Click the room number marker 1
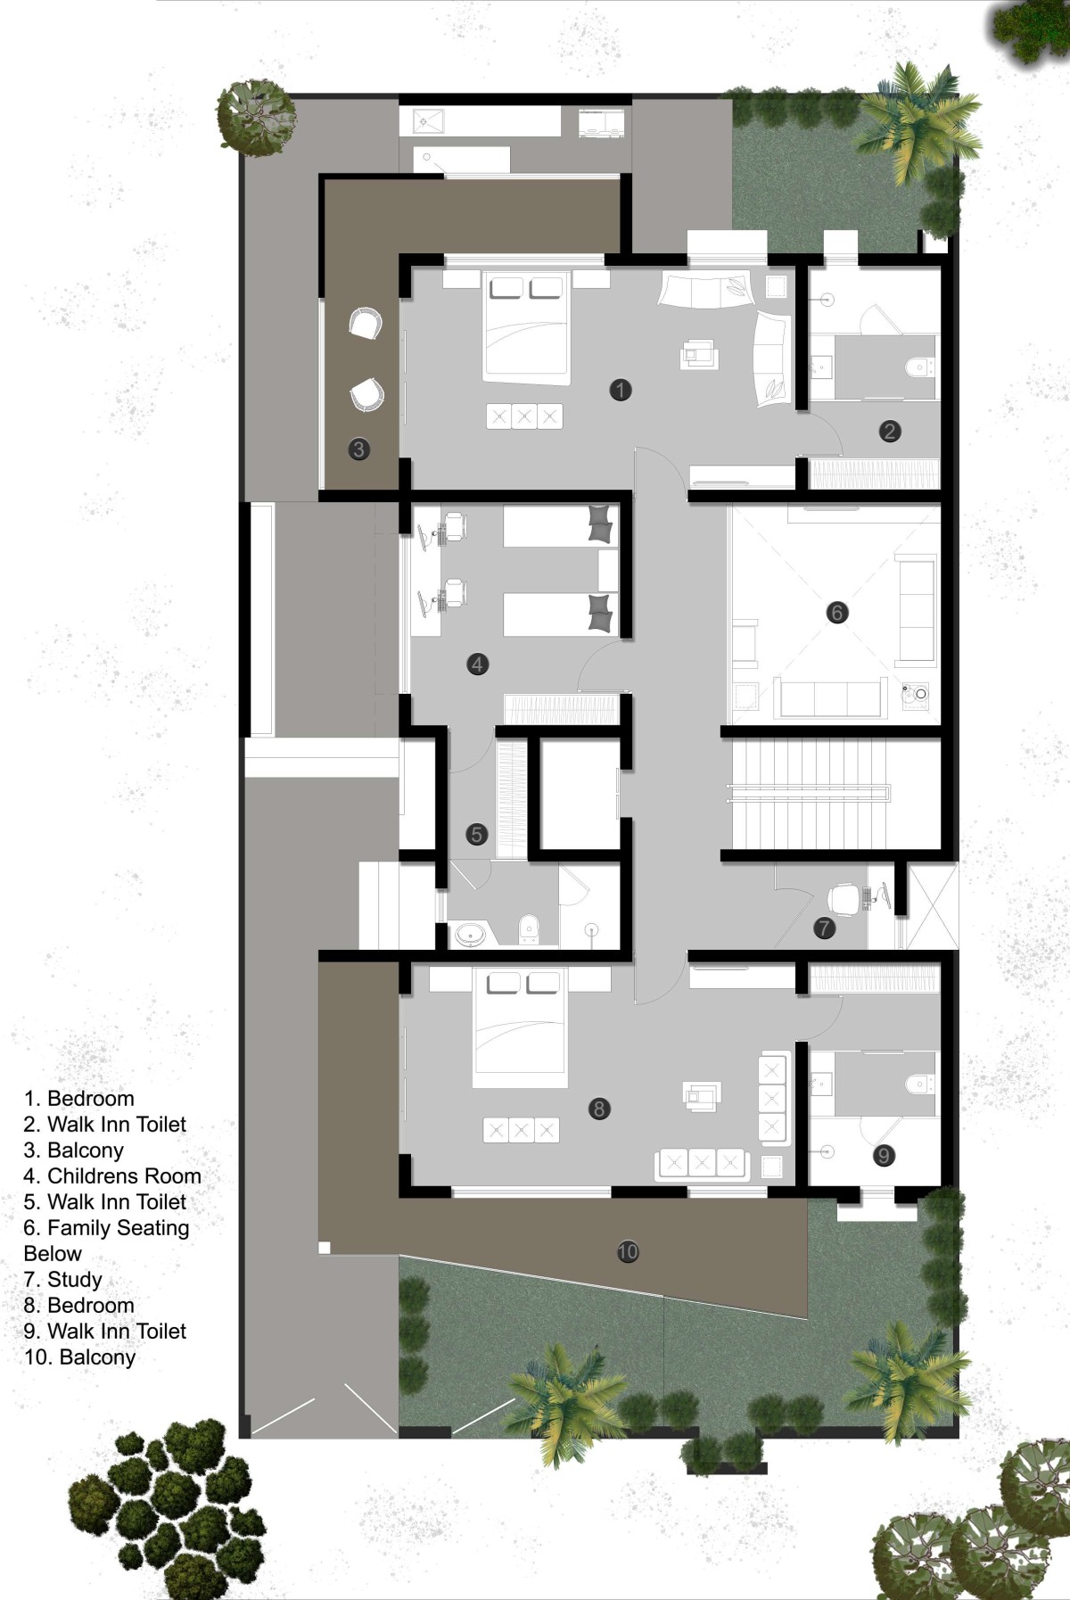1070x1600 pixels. pos(621,390)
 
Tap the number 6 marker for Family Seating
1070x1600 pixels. pos(836,613)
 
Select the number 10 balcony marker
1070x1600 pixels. pos(628,1251)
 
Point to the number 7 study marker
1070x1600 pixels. pos(824,928)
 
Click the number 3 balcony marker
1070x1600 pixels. pos(358,449)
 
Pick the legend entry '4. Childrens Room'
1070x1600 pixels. pos(112,1176)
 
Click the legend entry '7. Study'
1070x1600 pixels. pos(62,1280)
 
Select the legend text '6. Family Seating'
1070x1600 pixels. pos(106,1228)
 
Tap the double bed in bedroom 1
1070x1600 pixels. pos(526,327)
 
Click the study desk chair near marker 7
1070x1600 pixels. pos(844,897)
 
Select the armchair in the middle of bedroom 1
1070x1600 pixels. pos(700,354)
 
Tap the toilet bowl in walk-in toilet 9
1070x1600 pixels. pos(919,1084)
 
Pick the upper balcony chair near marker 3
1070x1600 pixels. pos(365,323)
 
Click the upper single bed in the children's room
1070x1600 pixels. pos(560,526)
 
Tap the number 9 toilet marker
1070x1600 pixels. pos(883,1156)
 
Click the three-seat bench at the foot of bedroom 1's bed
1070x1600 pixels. pos(524,416)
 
